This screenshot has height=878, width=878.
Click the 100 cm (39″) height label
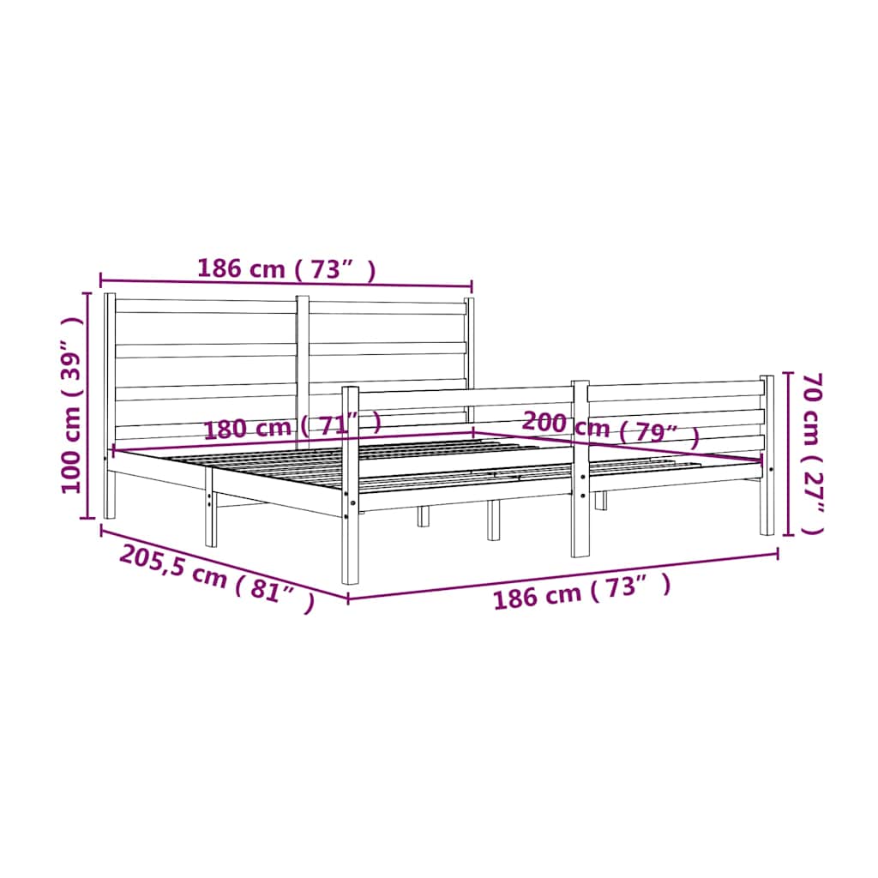pos(72,406)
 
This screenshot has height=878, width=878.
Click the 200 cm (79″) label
pos(610,429)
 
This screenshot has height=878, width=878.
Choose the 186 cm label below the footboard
pos(581,592)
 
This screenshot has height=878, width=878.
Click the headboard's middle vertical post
pos(303,370)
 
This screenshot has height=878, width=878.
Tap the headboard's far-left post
pos(110,406)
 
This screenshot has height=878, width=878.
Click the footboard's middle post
pos(580,469)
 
